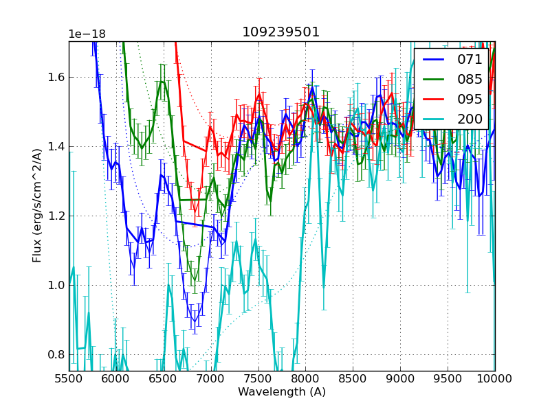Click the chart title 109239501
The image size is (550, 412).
tap(280, 32)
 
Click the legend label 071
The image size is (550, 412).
tap(470, 60)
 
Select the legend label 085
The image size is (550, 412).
tap(470, 80)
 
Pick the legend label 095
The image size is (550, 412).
tap(470, 100)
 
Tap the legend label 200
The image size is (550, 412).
tap(470, 119)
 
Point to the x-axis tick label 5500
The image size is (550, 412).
tap(69, 378)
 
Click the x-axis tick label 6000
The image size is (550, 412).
tap(116, 378)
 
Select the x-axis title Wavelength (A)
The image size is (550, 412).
tap(282, 392)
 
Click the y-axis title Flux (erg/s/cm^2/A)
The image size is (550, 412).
tap(37, 205)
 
